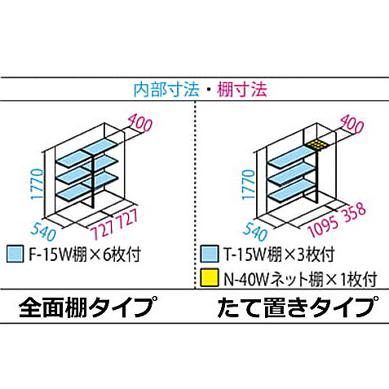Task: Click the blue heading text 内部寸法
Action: [166, 90]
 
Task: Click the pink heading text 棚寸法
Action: [242, 90]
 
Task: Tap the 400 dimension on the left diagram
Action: [140, 122]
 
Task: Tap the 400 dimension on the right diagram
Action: [352, 124]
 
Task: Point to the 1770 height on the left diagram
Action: [38, 183]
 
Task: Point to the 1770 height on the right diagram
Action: [249, 184]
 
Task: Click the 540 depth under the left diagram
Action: [43, 232]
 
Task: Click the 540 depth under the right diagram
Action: [255, 232]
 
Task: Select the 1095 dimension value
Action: [324, 227]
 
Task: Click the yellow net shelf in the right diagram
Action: [316, 144]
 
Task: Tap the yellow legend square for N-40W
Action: [210, 277]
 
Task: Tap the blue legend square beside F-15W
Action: [15, 254]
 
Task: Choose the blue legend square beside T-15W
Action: [210, 254]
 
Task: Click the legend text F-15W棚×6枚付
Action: [85, 254]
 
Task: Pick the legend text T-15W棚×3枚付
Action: [279, 254]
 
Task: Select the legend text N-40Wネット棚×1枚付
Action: [300, 278]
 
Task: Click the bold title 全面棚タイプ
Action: [88, 307]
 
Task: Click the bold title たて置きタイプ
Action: [298, 307]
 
